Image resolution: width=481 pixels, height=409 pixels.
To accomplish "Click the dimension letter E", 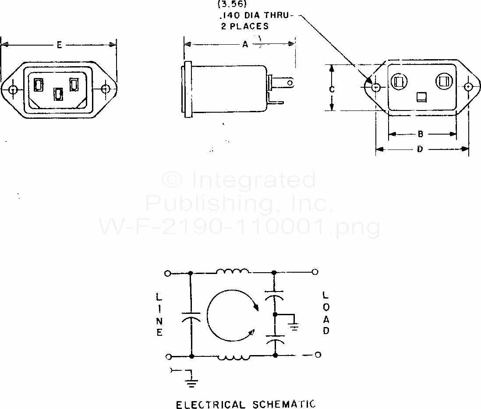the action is [59, 45].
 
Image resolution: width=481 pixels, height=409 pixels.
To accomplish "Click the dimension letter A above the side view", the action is [245, 45].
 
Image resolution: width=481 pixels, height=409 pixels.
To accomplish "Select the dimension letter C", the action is [332, 89].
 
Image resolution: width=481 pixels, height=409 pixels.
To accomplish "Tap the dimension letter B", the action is [421, 134].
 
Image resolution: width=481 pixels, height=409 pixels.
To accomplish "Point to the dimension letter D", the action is [420, 149].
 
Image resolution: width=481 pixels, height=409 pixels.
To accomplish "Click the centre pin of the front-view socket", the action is [58, 94].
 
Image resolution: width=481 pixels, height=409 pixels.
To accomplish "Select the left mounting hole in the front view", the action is [13, 90].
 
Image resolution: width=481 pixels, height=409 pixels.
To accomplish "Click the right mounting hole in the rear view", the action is [468, 87].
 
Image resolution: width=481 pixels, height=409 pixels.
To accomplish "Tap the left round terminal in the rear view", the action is [399, 82].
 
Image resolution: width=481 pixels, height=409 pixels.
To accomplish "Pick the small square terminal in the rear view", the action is [421, 97].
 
